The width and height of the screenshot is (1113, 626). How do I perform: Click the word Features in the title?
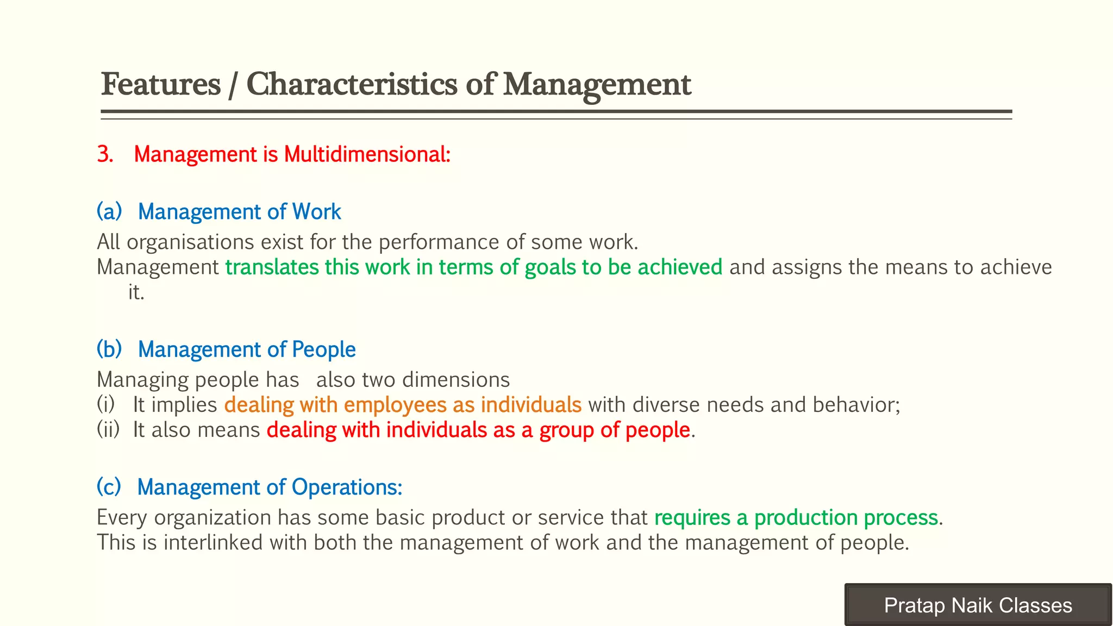[161, 85]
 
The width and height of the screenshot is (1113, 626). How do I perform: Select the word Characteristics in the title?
[352, 85]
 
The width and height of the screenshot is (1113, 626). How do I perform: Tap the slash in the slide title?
[233, 86]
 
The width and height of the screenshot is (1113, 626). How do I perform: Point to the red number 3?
[105, 154]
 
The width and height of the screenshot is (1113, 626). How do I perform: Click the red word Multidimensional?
[367, 154]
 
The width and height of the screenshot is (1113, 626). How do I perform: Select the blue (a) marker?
[109, 211]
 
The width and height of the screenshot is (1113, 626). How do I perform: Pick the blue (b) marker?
[109, 349]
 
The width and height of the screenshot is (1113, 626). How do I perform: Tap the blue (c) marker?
[109, 487]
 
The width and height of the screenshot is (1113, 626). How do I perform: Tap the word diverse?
[666, 405]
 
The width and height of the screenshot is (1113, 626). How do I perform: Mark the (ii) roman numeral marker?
[108, 430]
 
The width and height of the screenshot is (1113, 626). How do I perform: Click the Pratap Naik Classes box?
[978, 605]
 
